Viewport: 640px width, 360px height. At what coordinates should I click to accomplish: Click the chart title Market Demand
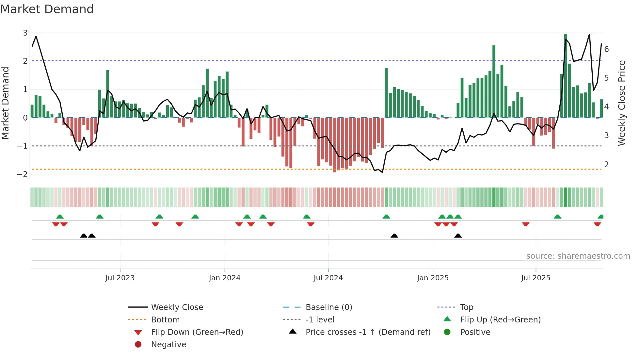point(47,9)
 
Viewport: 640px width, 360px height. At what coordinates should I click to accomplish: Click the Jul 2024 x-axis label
point(328,278)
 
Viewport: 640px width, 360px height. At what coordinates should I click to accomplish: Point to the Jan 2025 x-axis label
point(433,278)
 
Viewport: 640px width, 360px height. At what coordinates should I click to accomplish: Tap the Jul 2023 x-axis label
point(120,278)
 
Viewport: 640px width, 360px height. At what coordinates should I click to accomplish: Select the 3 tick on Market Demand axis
point(25,33)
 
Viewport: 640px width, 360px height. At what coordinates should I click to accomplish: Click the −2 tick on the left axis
point(23,174)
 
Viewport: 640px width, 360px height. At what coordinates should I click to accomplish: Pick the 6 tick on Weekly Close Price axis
point(606,49)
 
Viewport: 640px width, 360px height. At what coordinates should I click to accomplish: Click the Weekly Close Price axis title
point(622,103)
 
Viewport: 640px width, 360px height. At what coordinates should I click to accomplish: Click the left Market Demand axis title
point(5,103)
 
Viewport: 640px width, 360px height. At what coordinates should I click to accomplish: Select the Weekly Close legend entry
point(177,307)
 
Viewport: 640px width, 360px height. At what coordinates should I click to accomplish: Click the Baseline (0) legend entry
point(328,307)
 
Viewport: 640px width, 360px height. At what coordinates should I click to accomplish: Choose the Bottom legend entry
point(165,320)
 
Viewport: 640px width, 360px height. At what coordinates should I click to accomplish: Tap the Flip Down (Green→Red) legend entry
point(197,332)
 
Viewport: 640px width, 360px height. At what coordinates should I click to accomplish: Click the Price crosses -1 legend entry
point(368,332)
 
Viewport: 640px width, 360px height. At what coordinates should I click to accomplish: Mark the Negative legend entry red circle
point(138,345)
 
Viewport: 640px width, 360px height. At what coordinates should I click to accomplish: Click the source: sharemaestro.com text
point(578,256)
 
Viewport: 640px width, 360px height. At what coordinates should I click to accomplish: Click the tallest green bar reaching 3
point(566,75)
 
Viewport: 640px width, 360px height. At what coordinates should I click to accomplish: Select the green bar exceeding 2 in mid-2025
point(494,82)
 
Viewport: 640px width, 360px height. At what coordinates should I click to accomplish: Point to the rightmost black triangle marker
point(458,236)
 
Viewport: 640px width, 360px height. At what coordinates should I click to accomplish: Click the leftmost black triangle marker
point(84,236)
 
